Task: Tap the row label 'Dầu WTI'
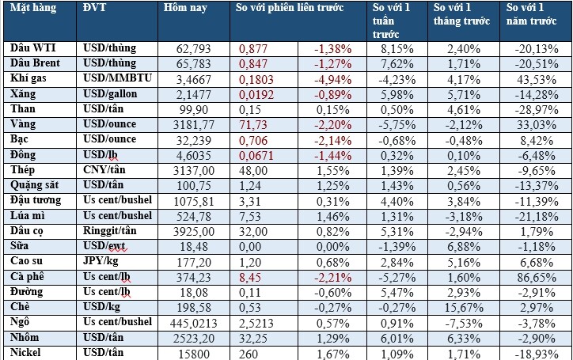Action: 28,48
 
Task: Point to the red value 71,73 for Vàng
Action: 254,124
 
